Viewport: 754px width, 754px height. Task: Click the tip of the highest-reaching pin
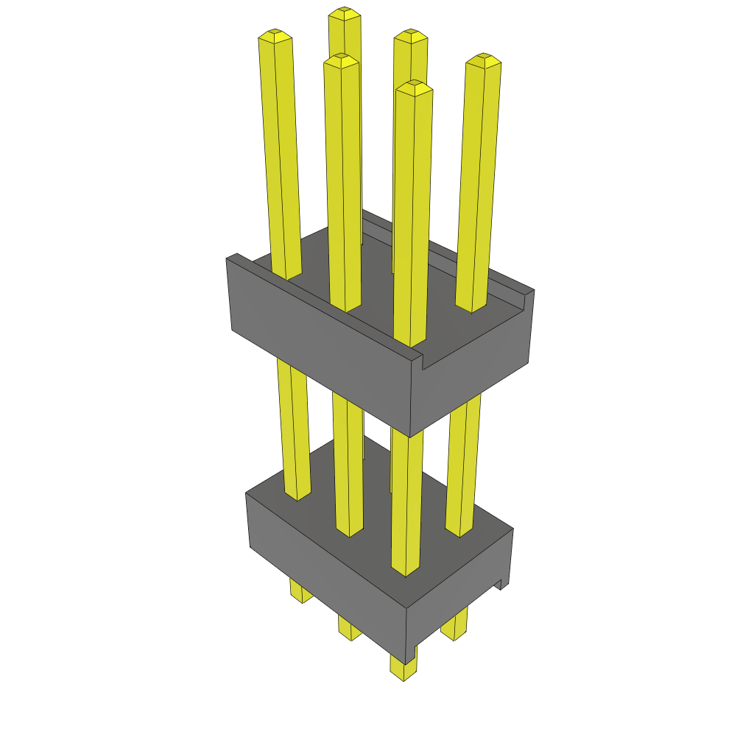point(344,13)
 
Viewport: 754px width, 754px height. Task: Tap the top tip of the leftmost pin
point(275,35)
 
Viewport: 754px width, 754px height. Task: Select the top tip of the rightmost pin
point(483,59)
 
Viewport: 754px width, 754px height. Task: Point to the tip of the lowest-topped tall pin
point(413,86)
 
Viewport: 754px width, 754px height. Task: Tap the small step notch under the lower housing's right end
point(503,585)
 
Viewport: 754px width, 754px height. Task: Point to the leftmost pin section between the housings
point(292,427)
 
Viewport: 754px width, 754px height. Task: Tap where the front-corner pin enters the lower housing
point(404,568)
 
